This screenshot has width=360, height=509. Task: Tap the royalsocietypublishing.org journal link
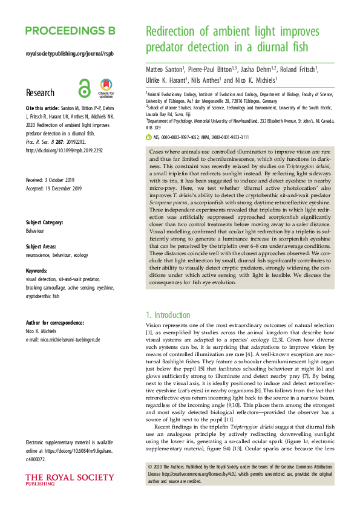click(x=70, y=53)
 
